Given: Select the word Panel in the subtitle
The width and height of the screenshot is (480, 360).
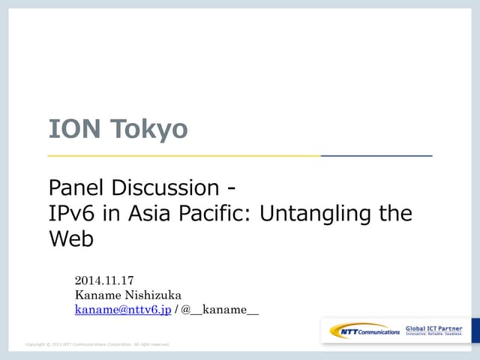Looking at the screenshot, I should coord(79,187).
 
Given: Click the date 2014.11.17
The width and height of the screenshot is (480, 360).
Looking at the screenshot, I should coord(104,281).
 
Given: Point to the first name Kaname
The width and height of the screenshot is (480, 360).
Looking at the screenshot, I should coord(97,295).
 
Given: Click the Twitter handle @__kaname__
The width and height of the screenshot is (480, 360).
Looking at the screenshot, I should coord(220,310).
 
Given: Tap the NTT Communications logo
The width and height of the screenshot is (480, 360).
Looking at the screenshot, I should coord(365,331).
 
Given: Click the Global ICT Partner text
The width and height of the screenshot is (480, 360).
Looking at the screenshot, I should coord(434,328).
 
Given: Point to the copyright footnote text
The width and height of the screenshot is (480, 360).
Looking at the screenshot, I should coord(97,344).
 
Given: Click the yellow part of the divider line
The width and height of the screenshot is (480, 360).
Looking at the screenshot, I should coord(184,155).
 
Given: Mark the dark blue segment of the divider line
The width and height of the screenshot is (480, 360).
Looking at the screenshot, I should coord(376,155).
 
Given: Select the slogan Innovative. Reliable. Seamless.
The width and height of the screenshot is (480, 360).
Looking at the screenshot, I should coord(434,334).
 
